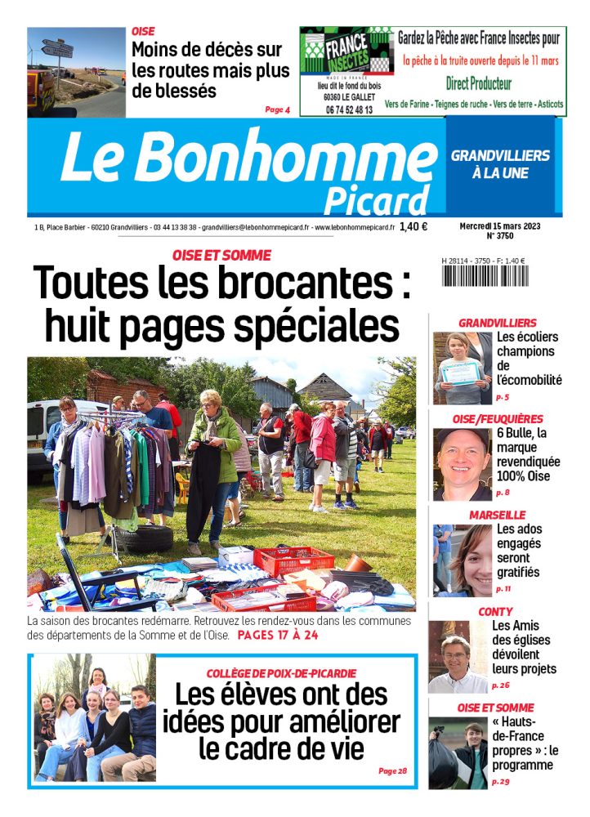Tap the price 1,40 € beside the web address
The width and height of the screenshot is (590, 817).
point(414,228)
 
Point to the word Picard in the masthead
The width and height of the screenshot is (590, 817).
point(376,199)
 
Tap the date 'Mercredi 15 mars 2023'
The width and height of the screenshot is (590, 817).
point(500,225)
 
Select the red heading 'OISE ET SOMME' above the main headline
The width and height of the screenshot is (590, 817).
point(222,255)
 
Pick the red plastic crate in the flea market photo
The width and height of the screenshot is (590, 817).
point(293,560)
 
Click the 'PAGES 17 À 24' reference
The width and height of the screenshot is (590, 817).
point(278,635)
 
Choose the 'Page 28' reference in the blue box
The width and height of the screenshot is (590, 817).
point(392,770)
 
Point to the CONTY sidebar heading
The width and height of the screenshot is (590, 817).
point(495,611)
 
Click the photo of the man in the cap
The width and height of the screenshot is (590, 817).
point(462,464)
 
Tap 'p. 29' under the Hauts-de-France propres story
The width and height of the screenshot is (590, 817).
point(500,782)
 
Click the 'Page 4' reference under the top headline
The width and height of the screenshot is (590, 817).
point(277,109)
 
